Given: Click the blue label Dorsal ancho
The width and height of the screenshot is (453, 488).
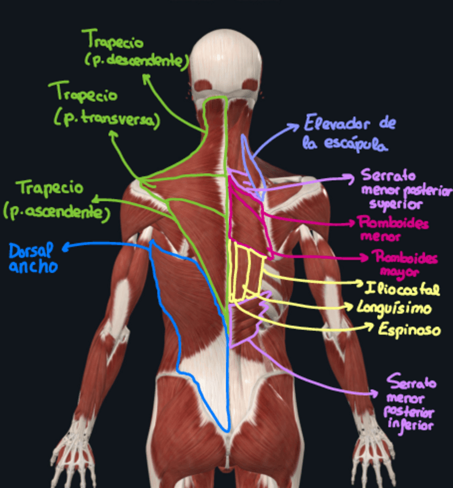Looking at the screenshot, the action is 33,258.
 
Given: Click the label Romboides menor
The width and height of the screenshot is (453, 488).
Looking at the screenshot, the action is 393,228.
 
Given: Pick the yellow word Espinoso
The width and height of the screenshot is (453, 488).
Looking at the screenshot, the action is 409,330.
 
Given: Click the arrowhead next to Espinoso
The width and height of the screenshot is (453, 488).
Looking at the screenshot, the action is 371,327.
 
